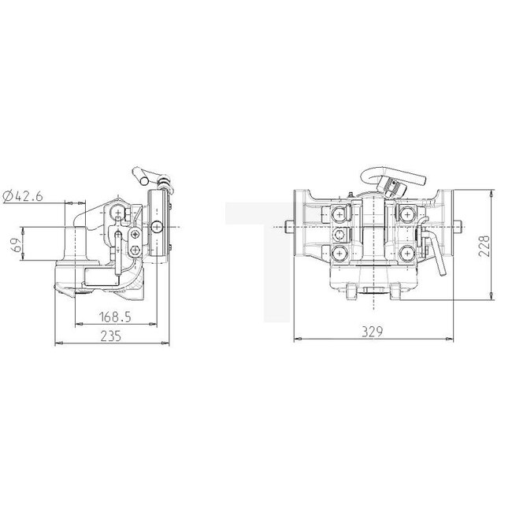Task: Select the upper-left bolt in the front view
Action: tap(339, 213)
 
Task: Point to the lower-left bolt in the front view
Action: tap(339, 253)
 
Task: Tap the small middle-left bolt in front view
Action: tap(338, 235)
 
